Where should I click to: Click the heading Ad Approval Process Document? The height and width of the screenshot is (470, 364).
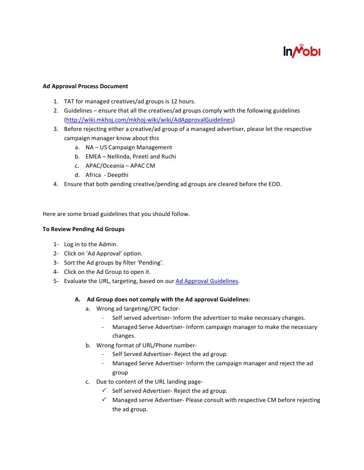[85, 86]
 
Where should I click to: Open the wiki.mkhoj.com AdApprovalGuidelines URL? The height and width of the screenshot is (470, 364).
[150, 120]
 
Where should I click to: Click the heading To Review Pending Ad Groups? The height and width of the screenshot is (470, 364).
[83, 229]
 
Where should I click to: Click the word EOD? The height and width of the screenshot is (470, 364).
[274, 184]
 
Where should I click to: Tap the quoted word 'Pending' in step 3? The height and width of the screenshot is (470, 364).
[150, 263]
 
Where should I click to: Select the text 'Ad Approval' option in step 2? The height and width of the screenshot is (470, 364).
[112, 254]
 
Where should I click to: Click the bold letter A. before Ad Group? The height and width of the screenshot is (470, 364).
[77, 300]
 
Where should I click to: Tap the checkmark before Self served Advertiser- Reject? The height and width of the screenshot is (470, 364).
[104, 391]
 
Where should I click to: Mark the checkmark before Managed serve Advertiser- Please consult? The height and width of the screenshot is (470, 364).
[104, 400]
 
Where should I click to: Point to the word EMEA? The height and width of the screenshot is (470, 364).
[94, 157]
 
